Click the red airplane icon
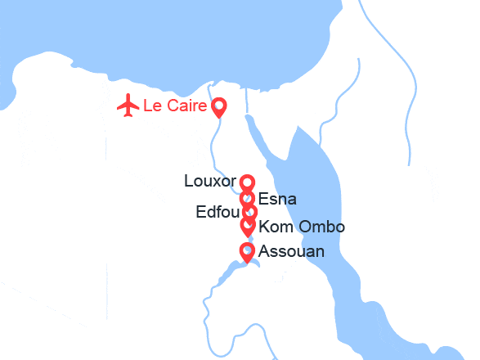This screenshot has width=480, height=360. (128, 106)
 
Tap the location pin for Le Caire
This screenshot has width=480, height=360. (219, 107)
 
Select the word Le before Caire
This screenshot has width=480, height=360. (151, 106)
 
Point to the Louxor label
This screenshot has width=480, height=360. (210, 181)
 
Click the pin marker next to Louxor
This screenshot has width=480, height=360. (247, 182)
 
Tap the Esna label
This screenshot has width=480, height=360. (276, 199)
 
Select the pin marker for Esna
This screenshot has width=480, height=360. (247, 197)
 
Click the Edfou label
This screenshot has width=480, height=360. (217, 213)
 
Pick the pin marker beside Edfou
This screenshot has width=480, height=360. (249, 212)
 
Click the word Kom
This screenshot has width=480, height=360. (273, 227)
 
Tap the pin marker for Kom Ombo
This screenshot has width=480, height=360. (247, 224)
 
